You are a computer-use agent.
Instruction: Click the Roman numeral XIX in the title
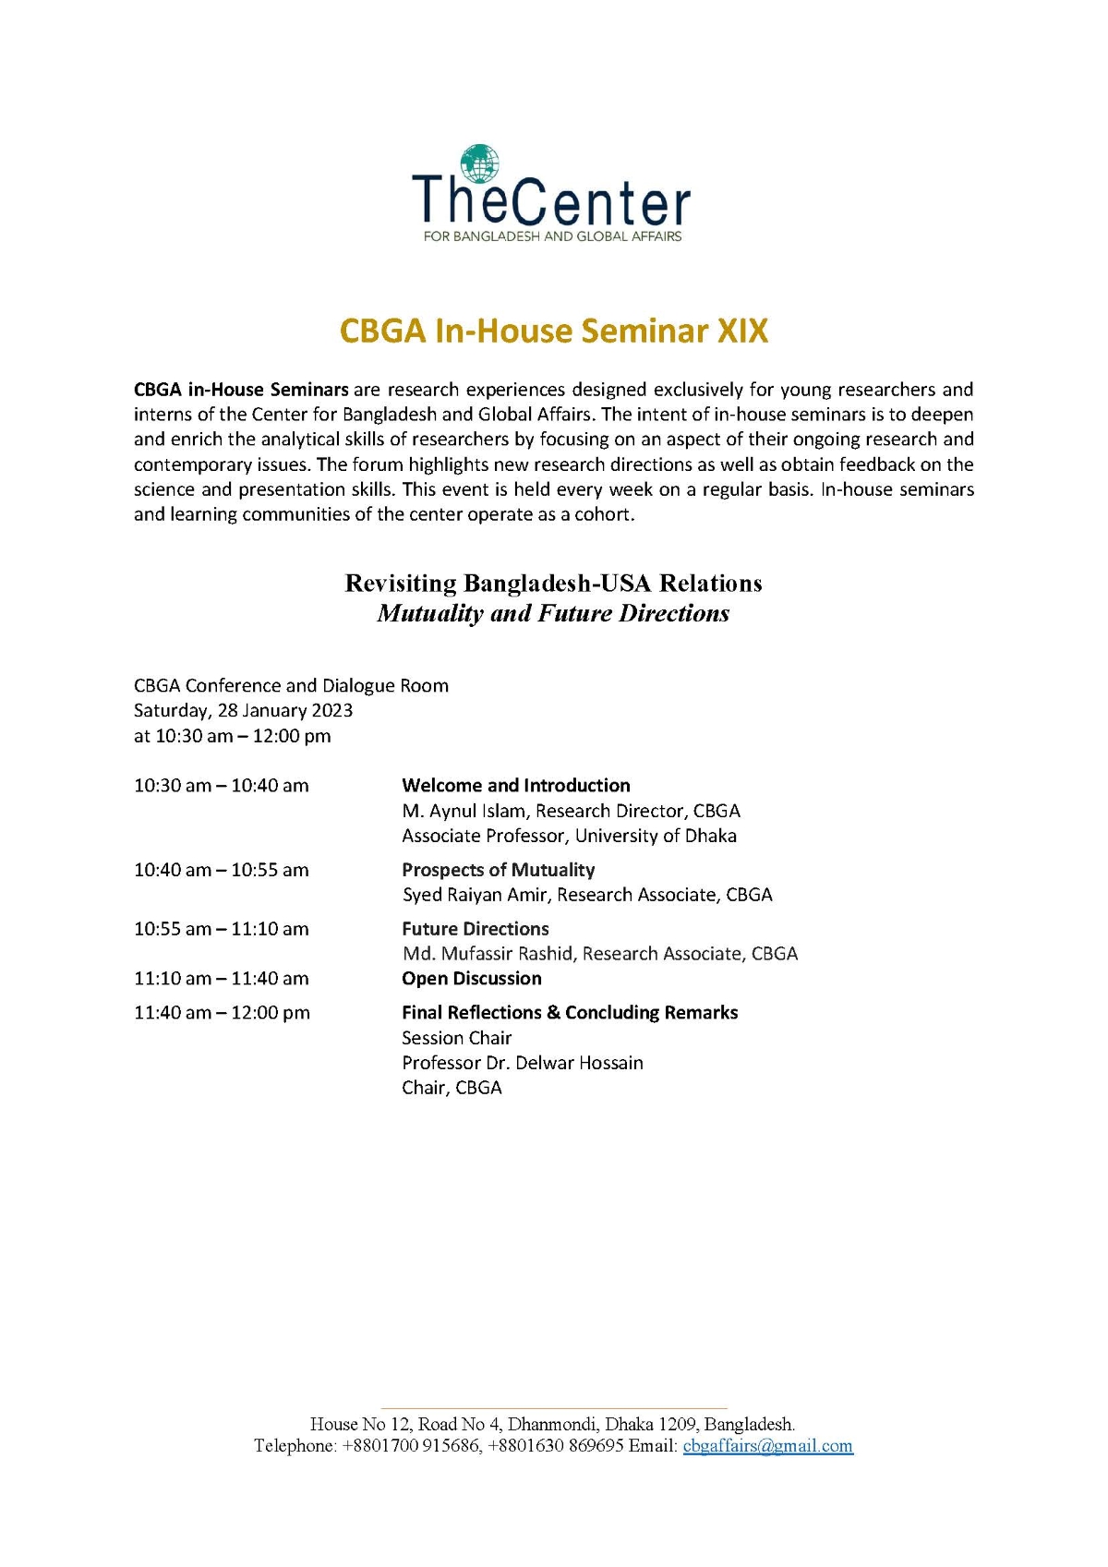point(742,331)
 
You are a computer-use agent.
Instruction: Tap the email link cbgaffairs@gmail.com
point(767,1445)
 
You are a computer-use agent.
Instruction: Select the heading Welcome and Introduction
point(515,785)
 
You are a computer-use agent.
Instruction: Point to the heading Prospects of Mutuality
point(498,869)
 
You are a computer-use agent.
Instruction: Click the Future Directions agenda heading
point(475,928)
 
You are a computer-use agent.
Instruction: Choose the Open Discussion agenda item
point(471,978)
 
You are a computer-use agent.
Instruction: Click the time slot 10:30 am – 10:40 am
point(221,785)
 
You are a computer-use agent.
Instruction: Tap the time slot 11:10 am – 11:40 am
point(221,978)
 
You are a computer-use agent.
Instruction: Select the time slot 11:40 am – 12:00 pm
point(222,1012)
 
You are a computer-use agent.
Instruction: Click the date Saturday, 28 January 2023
point(243,710)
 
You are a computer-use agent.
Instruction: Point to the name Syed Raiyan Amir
point(475,894)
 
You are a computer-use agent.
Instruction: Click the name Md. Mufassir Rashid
point(487,953)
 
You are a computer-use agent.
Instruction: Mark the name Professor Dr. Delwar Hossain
point(522,1062)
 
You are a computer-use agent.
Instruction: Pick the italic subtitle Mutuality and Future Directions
point(553,613)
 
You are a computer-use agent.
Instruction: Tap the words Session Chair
point(456,1037)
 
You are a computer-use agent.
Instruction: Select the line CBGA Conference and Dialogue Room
point(291,685)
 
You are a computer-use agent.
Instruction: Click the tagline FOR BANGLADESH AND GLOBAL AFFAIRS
point(552,236)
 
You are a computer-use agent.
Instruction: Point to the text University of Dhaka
point(656,836)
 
